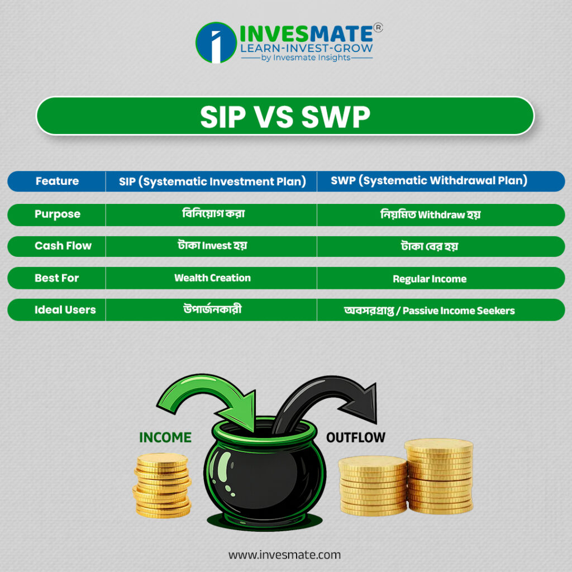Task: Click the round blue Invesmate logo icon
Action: click(216, 42)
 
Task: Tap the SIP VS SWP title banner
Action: click(285, 116)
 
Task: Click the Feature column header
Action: click(58, 181)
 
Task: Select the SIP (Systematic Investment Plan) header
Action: click(212, 182)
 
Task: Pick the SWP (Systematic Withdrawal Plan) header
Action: click(429, 180)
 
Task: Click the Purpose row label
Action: click(58, 214)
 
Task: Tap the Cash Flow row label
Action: click(63, 246)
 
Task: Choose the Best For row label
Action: click(56, 278)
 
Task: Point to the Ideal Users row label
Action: click(65, 309)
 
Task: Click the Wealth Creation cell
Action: click(212, 278)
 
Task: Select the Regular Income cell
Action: click(430, 279)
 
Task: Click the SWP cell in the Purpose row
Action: click(431, 214)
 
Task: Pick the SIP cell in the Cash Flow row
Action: click(212, 246)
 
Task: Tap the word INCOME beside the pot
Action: click(165, 437)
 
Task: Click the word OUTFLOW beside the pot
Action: click(356, 437)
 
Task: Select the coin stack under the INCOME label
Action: click(162, 485)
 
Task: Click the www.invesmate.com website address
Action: click(284, 555)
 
